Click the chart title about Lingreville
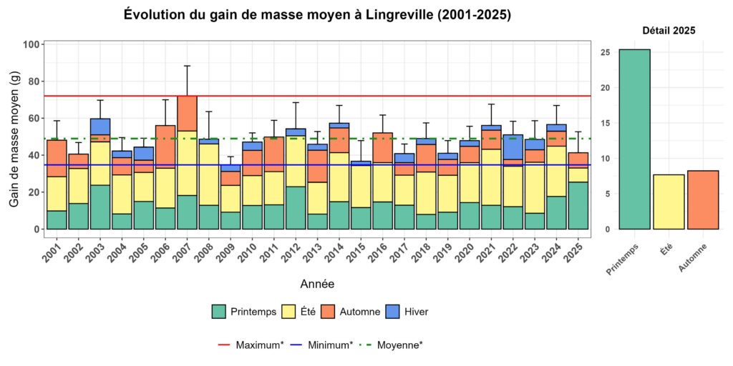click(317, 14)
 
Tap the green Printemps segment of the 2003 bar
click(100, 207)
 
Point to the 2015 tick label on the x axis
click(357, 252)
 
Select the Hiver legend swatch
click(392, 312)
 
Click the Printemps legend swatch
click(219, 312)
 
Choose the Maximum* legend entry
click(251, 345)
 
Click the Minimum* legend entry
click(321, 345)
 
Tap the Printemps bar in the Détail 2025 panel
click(635, 139)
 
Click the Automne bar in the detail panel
click(703, 199)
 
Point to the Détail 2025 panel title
click(669, 31)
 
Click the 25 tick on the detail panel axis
click(605, 52)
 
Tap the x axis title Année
click(316, 284)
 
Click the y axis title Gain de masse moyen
click(14, 136)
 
